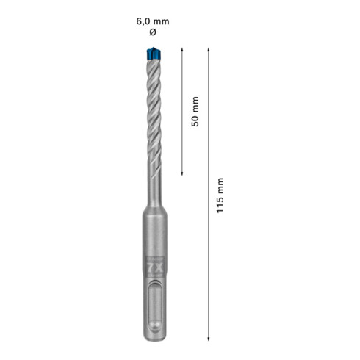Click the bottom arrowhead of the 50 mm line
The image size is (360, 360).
182,173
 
